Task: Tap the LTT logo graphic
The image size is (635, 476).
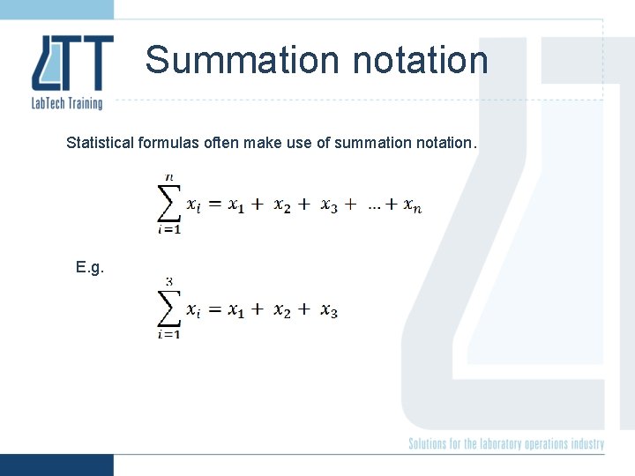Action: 72,63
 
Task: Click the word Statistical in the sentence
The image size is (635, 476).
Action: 99,142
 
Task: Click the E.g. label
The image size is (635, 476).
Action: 90,267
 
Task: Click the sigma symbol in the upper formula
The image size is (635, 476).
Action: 168,204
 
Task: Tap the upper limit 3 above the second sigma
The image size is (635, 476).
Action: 168,282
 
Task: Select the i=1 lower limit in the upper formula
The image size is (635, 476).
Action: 168,230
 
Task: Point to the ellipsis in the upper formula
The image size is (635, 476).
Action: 375,205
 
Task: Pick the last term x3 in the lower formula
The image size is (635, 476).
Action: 328,310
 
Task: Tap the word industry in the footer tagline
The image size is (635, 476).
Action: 586,443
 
